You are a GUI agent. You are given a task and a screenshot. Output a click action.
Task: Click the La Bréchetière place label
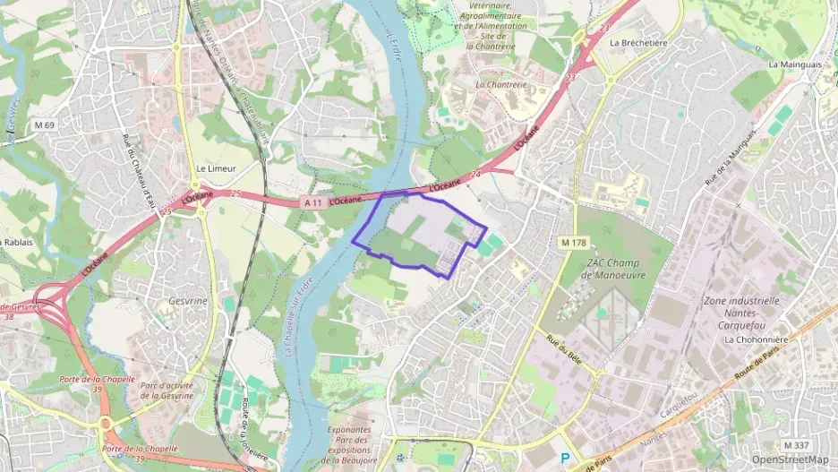point(639,42)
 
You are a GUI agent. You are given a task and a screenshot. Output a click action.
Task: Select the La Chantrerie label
point(501,85)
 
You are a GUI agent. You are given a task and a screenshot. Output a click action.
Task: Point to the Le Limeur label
point(215,168)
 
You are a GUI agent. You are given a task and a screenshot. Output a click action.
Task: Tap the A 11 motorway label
point(312,203)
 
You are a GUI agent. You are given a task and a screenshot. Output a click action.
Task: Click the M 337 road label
point(795,445)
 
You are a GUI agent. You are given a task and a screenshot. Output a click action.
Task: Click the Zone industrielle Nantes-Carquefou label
point(741,313)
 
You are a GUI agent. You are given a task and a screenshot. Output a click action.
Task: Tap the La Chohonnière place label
point(754,340)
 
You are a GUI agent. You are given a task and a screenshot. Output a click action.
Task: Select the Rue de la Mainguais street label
point(724,162)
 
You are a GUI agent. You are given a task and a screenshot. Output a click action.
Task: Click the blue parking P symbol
point(564,458)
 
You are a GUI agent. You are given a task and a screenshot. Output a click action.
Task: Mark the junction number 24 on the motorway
point(475,175)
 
